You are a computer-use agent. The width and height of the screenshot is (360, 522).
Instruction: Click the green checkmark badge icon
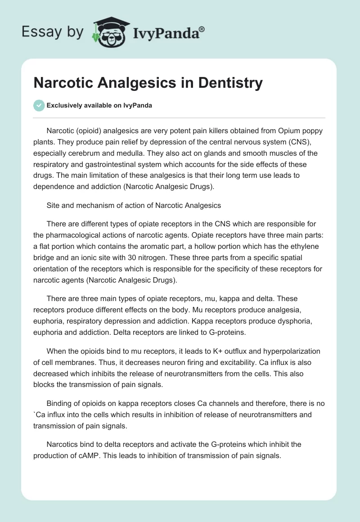pos(39,105)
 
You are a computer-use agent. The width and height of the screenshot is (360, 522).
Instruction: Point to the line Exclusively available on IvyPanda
pos(99,105)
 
